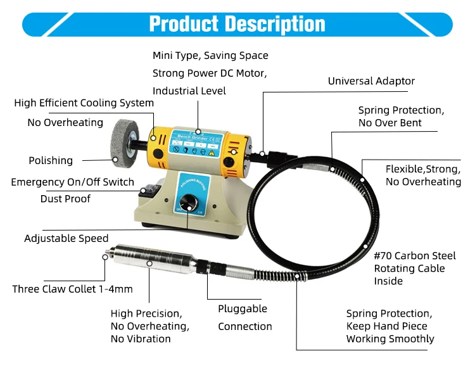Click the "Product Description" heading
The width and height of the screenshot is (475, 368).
[237, 24]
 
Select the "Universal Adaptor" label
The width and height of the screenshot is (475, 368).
[371, 81]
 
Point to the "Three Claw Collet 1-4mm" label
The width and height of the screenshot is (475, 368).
[72, 289]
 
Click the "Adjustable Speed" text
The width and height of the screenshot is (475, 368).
[66, 239]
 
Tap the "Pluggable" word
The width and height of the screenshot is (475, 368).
[243, 309]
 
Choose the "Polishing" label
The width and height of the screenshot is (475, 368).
[51, 161]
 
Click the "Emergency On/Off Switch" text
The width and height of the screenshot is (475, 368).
[73, 182]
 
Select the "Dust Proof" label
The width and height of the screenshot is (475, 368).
[65, 199]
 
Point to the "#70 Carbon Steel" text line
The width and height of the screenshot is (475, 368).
[414, 256]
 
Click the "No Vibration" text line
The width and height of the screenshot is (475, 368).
[141, 339]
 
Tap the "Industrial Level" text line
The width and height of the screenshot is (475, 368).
[189, 91]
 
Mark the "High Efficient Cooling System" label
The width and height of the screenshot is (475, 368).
[84, 103]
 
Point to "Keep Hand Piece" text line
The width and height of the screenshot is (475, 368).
[386, 326]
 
